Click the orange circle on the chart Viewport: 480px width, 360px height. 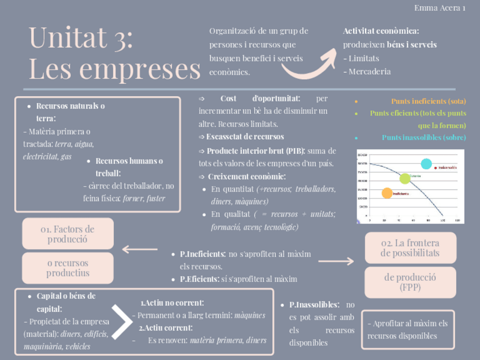tap(387, 193)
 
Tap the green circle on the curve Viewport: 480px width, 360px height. tap(405, 179)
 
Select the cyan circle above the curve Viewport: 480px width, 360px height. tap(426, 164)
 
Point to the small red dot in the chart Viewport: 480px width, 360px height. tap(435, 168)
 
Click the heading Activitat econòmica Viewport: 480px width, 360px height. tap(381, 31)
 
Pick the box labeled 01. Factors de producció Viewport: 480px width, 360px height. tap(67, 234)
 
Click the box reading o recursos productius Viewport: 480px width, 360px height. tap(67, 268)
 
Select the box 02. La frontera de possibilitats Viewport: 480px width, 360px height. tap(410, 248)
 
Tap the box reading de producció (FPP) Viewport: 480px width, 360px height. tap(410, 282)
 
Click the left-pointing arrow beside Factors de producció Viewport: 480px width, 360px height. tap(140, 249)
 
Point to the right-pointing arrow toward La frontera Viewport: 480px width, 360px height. tap(336, 261)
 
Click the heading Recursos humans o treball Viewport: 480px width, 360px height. tap(129, 167)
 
